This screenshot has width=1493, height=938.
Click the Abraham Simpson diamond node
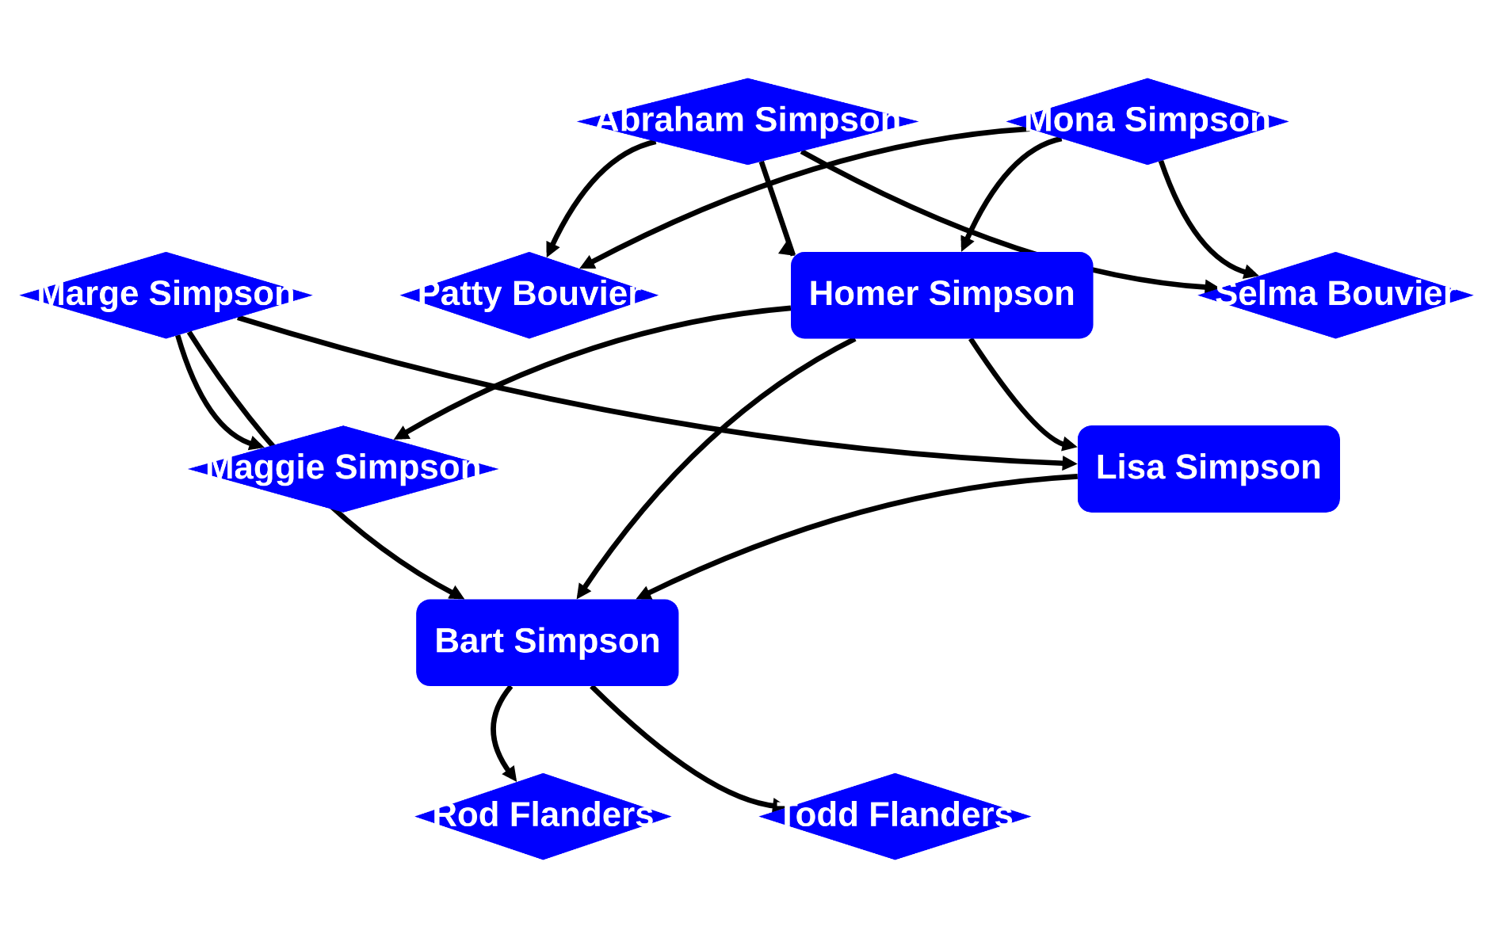pyautogui.click(x=747, y=121)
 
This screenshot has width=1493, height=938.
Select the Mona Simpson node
pyautogui.click(x=1147, y=121)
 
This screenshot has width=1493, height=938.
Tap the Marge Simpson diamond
pyautogui.click(x=166, y=295)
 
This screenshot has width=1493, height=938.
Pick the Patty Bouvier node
pyautogui.click(x=529, y=295)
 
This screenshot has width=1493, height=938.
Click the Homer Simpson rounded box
pyautogui.click(x=941, y=295)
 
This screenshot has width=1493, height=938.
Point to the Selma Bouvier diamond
pyautogui.click(x=1335, y=295)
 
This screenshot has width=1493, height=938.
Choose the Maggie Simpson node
pyautogui.click(x=343, y=468)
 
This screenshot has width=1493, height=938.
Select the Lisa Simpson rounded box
pyautogui.click(x=1209, y=468)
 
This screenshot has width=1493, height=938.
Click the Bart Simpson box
pyautogui.click(x=547, y=642)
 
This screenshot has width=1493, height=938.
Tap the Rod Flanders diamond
pyautogui.click(x=543, y=816)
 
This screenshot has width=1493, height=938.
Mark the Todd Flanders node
pyautogui.click(x=895, y=816)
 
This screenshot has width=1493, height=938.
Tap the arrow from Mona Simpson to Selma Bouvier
pyautogui.click(x=1189, y=230)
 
